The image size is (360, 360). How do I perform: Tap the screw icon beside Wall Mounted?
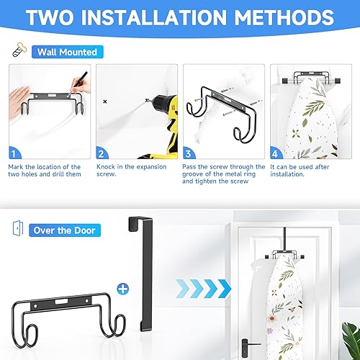tap(18, 51)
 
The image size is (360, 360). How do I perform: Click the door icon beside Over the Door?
tap(17, 230)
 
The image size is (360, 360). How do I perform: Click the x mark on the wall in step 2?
tap(106, 102)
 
